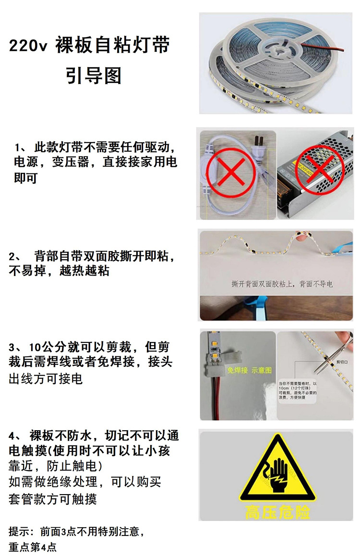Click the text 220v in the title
pos(27,47)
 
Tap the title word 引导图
pos(94,76)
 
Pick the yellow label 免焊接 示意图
pos(250,370)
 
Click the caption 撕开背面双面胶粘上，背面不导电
pos(282,284)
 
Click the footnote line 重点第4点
pos(33,547)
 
